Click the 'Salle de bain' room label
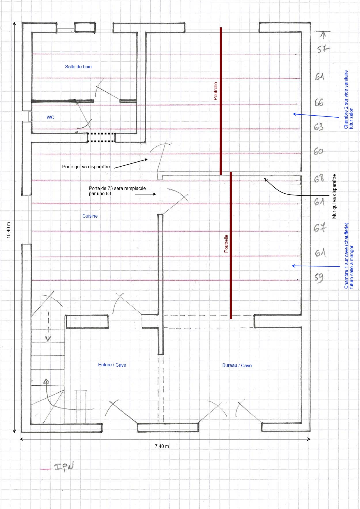point(78,67)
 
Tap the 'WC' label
point(50,117)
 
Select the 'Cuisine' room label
point(90,216)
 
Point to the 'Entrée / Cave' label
point(112,365)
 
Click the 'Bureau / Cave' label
point(237,365)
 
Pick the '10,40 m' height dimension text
point(9,230)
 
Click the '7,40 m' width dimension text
point(162,446)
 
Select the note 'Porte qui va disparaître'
point(86,167)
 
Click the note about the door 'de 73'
point(117,191)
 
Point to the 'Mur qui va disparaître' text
point(334,196)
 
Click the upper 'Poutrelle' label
point(215,91)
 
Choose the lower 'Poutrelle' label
point(226,244)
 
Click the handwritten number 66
point(319,103)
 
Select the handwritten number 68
point(319,178)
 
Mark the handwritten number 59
point(319,278)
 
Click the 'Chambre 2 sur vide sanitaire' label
point(346,99)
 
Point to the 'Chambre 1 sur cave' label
point(346,256)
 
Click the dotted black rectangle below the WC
point(101,137)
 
